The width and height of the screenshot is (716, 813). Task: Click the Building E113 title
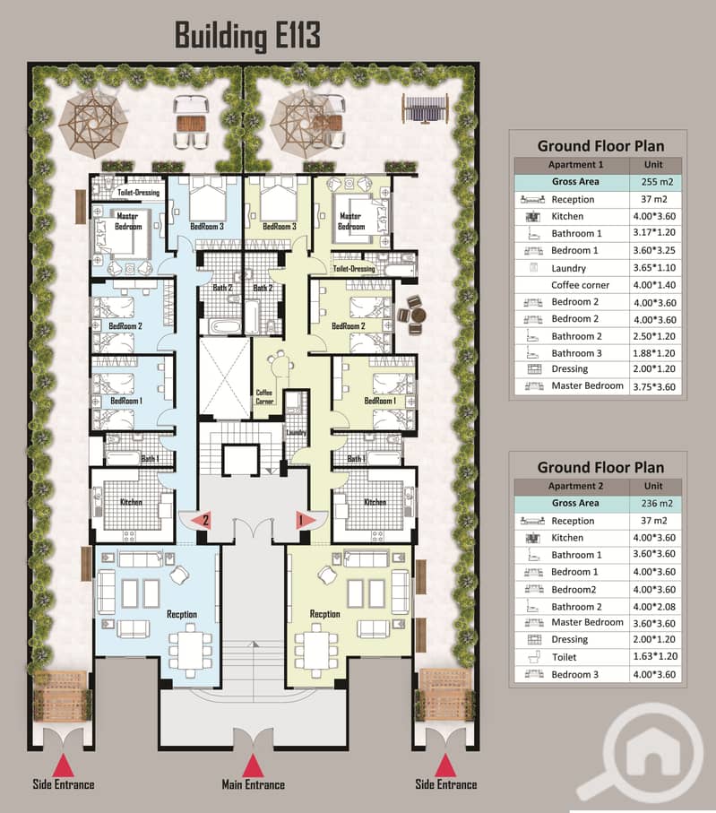[x=246, y=37]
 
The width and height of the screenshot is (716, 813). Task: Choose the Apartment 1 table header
[x=575, y=165]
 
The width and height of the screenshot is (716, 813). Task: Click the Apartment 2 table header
[x=575, y=487]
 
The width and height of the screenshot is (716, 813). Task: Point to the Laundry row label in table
[x=568, y=268]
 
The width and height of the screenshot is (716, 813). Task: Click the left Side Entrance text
[x=63, y=784]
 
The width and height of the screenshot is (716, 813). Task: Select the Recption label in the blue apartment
[x=181, y=614]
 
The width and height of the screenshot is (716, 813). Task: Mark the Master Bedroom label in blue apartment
[x=127, y=222]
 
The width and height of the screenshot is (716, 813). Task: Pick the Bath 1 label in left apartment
[x=150, y=459]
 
